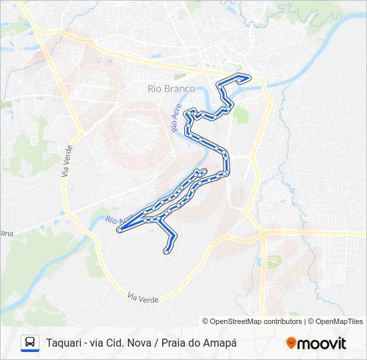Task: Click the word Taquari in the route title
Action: point(64,343)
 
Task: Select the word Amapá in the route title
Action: point(220,343)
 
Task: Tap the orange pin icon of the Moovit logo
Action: point(291,343)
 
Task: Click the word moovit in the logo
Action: point(322,343)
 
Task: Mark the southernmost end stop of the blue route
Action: point(166,251)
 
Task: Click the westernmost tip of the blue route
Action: point(119,230)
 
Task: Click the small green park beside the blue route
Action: point(240,114)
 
